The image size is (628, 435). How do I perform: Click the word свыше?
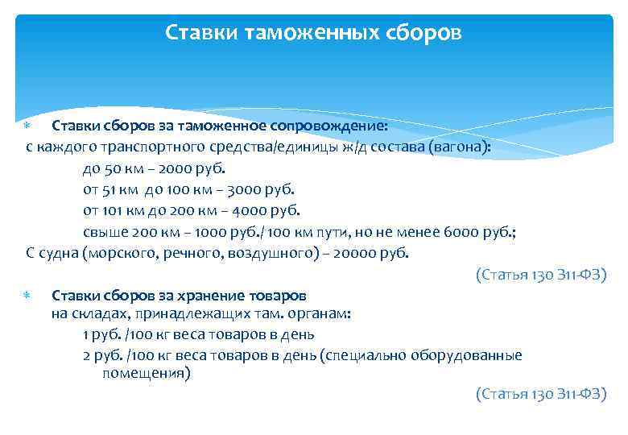click(102, 232)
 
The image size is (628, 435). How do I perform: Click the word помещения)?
click(146, 374)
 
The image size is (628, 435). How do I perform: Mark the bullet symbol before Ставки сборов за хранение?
click(26, 296)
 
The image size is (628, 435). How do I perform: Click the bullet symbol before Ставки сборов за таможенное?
click(26, 126)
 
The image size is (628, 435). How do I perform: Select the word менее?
click(421, 232)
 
